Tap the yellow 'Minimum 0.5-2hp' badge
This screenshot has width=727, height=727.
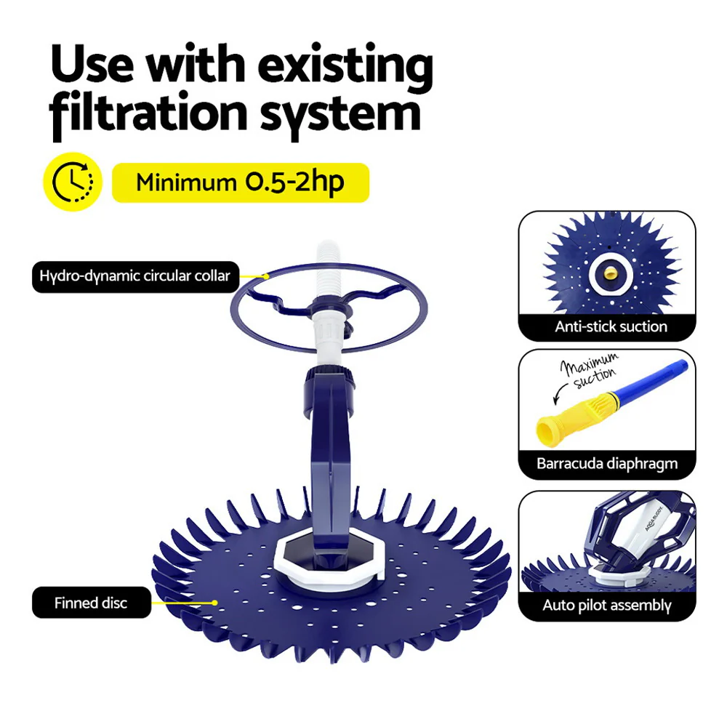240,182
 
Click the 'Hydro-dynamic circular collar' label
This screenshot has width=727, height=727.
135,276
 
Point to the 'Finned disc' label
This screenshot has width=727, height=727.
91,603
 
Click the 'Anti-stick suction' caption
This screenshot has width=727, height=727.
611,327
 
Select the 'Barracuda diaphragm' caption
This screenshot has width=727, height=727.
607,463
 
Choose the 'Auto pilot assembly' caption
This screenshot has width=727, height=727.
607,605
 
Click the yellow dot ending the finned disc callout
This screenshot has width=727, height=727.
215,603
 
